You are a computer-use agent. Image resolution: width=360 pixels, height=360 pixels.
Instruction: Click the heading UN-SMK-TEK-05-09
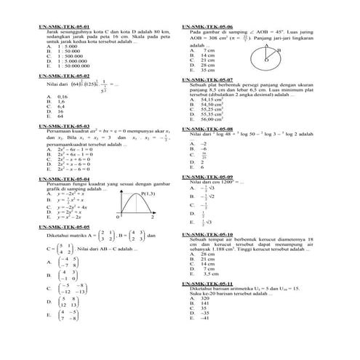click(x=207, y=176)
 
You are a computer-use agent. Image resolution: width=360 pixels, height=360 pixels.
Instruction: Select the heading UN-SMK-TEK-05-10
click(x=207, y=233)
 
